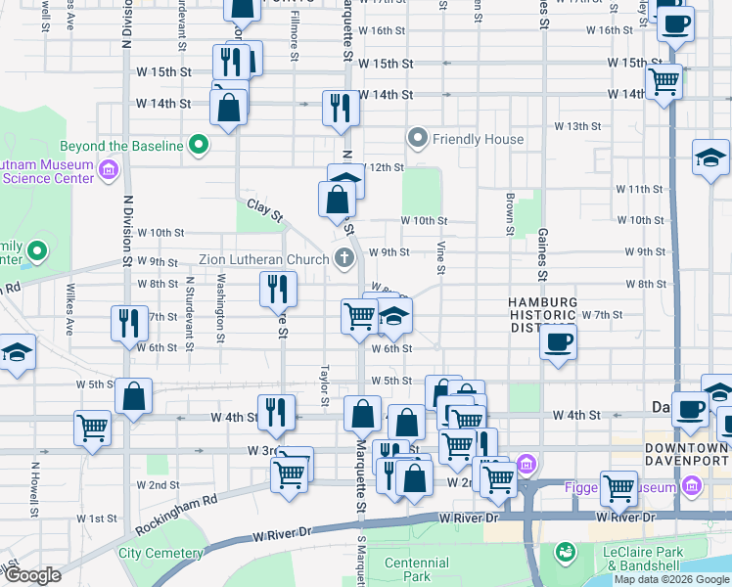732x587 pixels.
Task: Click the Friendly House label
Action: click(x=479, y=139)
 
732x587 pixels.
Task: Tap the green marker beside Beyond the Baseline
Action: click(x=200, y=146)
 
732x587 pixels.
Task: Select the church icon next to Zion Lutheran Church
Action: click(x=343, y=259)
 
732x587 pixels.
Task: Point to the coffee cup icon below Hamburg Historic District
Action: click(x=558, y=342)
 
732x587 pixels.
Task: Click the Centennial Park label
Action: click(x=417, y=569)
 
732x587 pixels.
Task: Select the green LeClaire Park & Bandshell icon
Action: click(x=564, y=554)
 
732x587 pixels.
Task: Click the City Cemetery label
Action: click(x=158, y=553)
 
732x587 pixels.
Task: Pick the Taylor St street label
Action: click(x=324, y=385)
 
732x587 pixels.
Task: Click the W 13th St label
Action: click(x=576, y=126)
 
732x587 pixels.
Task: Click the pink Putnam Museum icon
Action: click(x=109, y=172)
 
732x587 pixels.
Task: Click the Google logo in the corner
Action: click(x=33, y=575)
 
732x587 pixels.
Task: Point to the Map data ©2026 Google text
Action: click(x=671, y=579)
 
